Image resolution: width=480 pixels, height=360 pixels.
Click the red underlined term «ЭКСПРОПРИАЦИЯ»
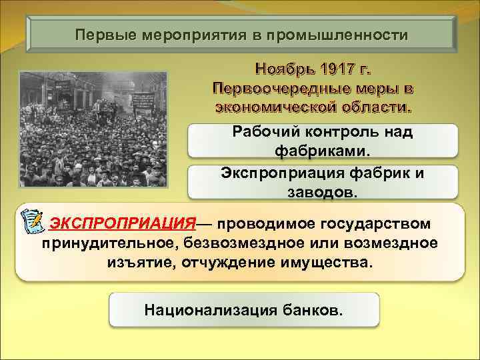coord(123,222)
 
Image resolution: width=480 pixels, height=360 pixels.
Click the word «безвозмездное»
coord(244,242)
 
